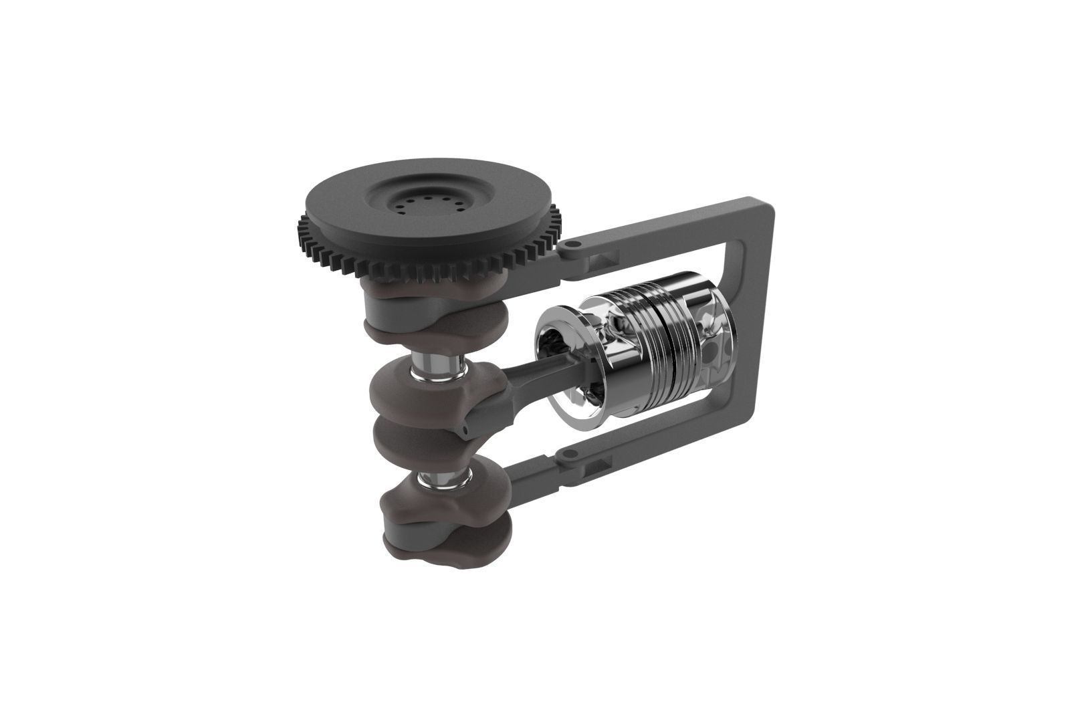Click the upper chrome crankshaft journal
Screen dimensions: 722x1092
437,368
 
